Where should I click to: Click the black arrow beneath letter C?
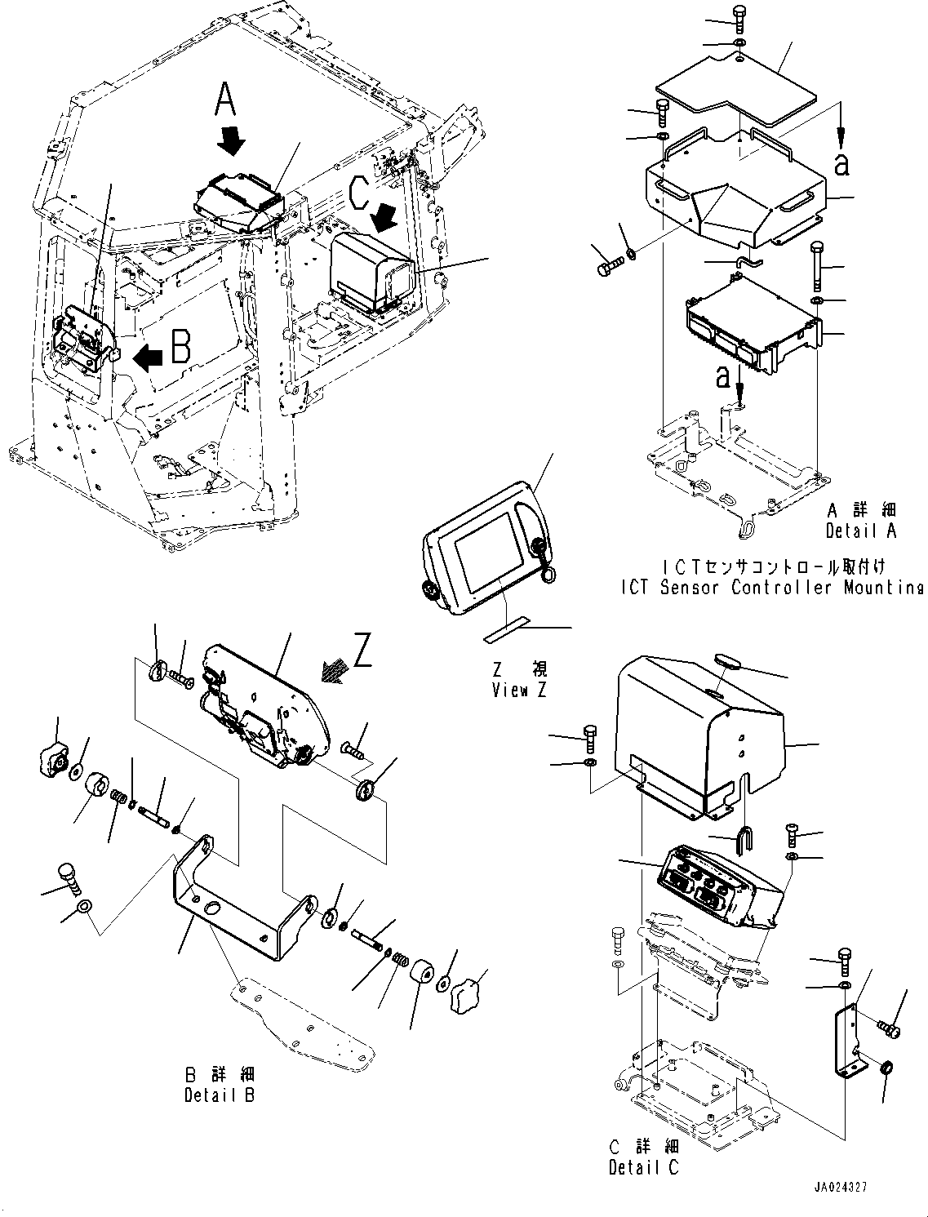[x=384, y=218]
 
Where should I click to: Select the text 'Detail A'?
[x=861, y=530]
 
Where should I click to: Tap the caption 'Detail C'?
[x=643, y=1168]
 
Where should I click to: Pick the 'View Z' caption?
[x=520, y=690]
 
